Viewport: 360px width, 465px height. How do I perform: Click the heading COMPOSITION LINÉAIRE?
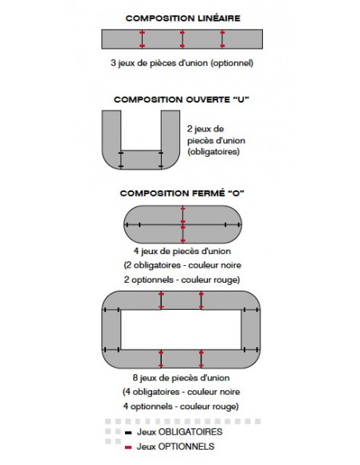tap(182, 18)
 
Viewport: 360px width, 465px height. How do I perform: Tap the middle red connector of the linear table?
tap(182, 39)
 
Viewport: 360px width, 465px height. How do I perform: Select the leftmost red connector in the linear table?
tap(142, 39)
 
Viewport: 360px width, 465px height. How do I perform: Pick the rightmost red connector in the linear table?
tap(222, 39)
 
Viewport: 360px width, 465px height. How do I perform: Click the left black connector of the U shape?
tap(121, 159)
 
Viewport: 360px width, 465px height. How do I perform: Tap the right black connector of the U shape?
tap(161, 159)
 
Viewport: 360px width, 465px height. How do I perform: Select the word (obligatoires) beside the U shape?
tap(213, 152)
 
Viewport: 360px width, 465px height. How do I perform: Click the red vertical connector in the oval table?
tap(183, 225)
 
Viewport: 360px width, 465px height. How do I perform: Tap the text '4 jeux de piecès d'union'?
tap(182, 251)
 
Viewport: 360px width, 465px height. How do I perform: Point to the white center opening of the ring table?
tap(181, 330)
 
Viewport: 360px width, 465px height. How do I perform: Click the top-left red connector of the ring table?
tap(161, 300)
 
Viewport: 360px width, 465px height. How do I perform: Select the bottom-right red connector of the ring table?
tap(201, 359)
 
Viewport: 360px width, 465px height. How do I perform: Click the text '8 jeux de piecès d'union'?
tap(181, 377)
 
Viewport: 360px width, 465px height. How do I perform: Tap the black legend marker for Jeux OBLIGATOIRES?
tap(128, 432)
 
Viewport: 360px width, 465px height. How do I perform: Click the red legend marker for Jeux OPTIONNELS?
tap(128, 447)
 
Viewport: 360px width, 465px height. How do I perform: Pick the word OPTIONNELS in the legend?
tap(186, 447)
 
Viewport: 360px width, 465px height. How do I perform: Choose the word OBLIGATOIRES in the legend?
tap(190, 432)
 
